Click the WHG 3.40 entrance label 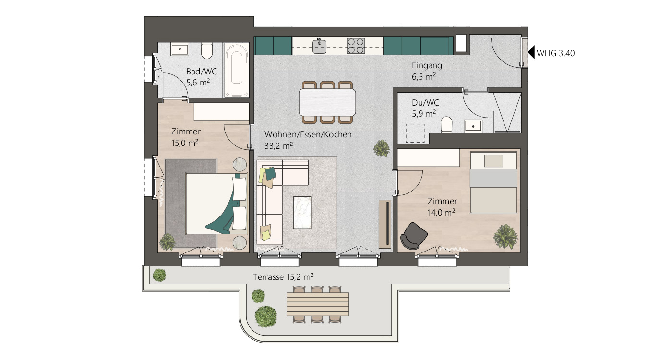click(555, 54)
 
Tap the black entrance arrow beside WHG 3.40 click(531, 53)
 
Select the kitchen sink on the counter click(319, 46)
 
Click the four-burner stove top click(356, 46)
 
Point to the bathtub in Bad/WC click(237, 71)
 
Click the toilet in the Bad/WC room click(206, 51)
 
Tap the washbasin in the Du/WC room click(473, 126)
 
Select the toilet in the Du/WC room click(446, 125)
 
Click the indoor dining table click(327, 102)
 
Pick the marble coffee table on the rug click(302, 213)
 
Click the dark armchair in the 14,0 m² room click(414, 236)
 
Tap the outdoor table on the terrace click(318, 304)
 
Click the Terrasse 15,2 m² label click(283, 277)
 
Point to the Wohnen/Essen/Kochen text click(308, 134)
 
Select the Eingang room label click(427, 65)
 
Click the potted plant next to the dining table click(382, 148)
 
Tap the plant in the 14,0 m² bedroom click(505, 237)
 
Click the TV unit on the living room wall click(385, 224)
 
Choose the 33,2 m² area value click(278, 146)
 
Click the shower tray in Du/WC click(507, 113)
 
